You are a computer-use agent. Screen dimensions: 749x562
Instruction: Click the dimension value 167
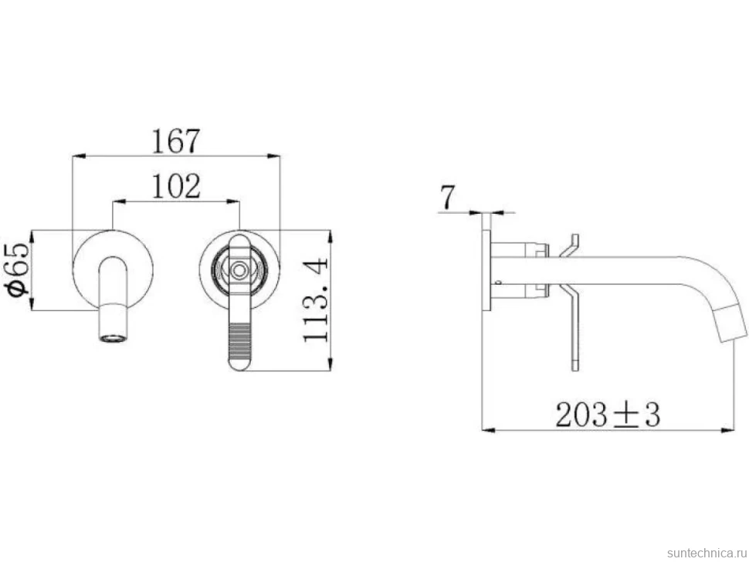[x=175, y=140]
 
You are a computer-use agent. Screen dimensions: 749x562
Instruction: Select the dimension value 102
[x=176, y=186]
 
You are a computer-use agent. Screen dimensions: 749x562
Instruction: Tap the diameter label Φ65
[x=19, y=269]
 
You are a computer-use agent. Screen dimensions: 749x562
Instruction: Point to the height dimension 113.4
[x=316, y=300]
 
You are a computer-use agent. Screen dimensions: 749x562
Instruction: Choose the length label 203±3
[x=608, y=415]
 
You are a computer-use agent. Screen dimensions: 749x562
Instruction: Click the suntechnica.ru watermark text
[x=707, y=553]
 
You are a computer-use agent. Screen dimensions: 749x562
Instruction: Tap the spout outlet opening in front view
[x=114, y=339]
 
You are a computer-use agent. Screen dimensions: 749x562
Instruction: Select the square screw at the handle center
[x=239, y=269]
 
